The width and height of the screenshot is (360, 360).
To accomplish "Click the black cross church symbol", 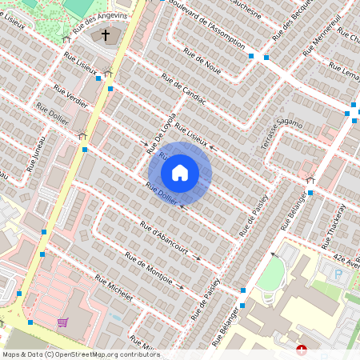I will [106, 36].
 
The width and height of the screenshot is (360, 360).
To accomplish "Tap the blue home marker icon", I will [180, 173].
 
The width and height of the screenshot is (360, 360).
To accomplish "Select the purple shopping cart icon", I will [62, 322].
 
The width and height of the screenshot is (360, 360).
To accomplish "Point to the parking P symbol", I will [338, 274].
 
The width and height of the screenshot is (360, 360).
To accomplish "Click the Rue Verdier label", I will [71, 99].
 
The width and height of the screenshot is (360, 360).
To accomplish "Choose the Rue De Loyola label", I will [161, 133].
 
